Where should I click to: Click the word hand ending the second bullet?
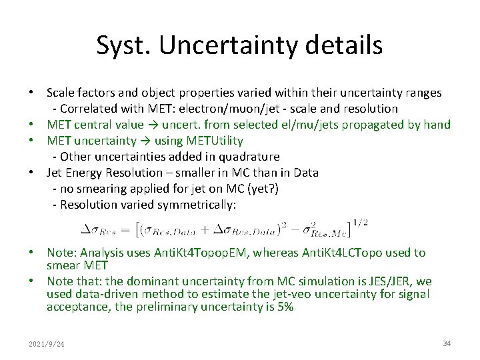pos(437,125)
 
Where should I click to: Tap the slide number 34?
pos(447,343)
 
